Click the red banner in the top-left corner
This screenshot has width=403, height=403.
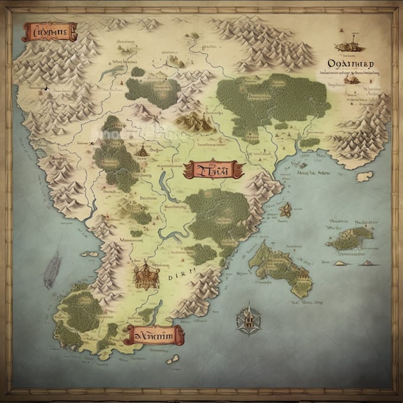click(50, 31)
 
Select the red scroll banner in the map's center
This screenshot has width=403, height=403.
click(213, 170)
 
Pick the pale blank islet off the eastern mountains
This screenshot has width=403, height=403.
click(364, 176)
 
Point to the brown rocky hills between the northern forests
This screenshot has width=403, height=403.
click(196, 122)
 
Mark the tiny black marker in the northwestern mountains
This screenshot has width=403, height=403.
click(44, 89)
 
